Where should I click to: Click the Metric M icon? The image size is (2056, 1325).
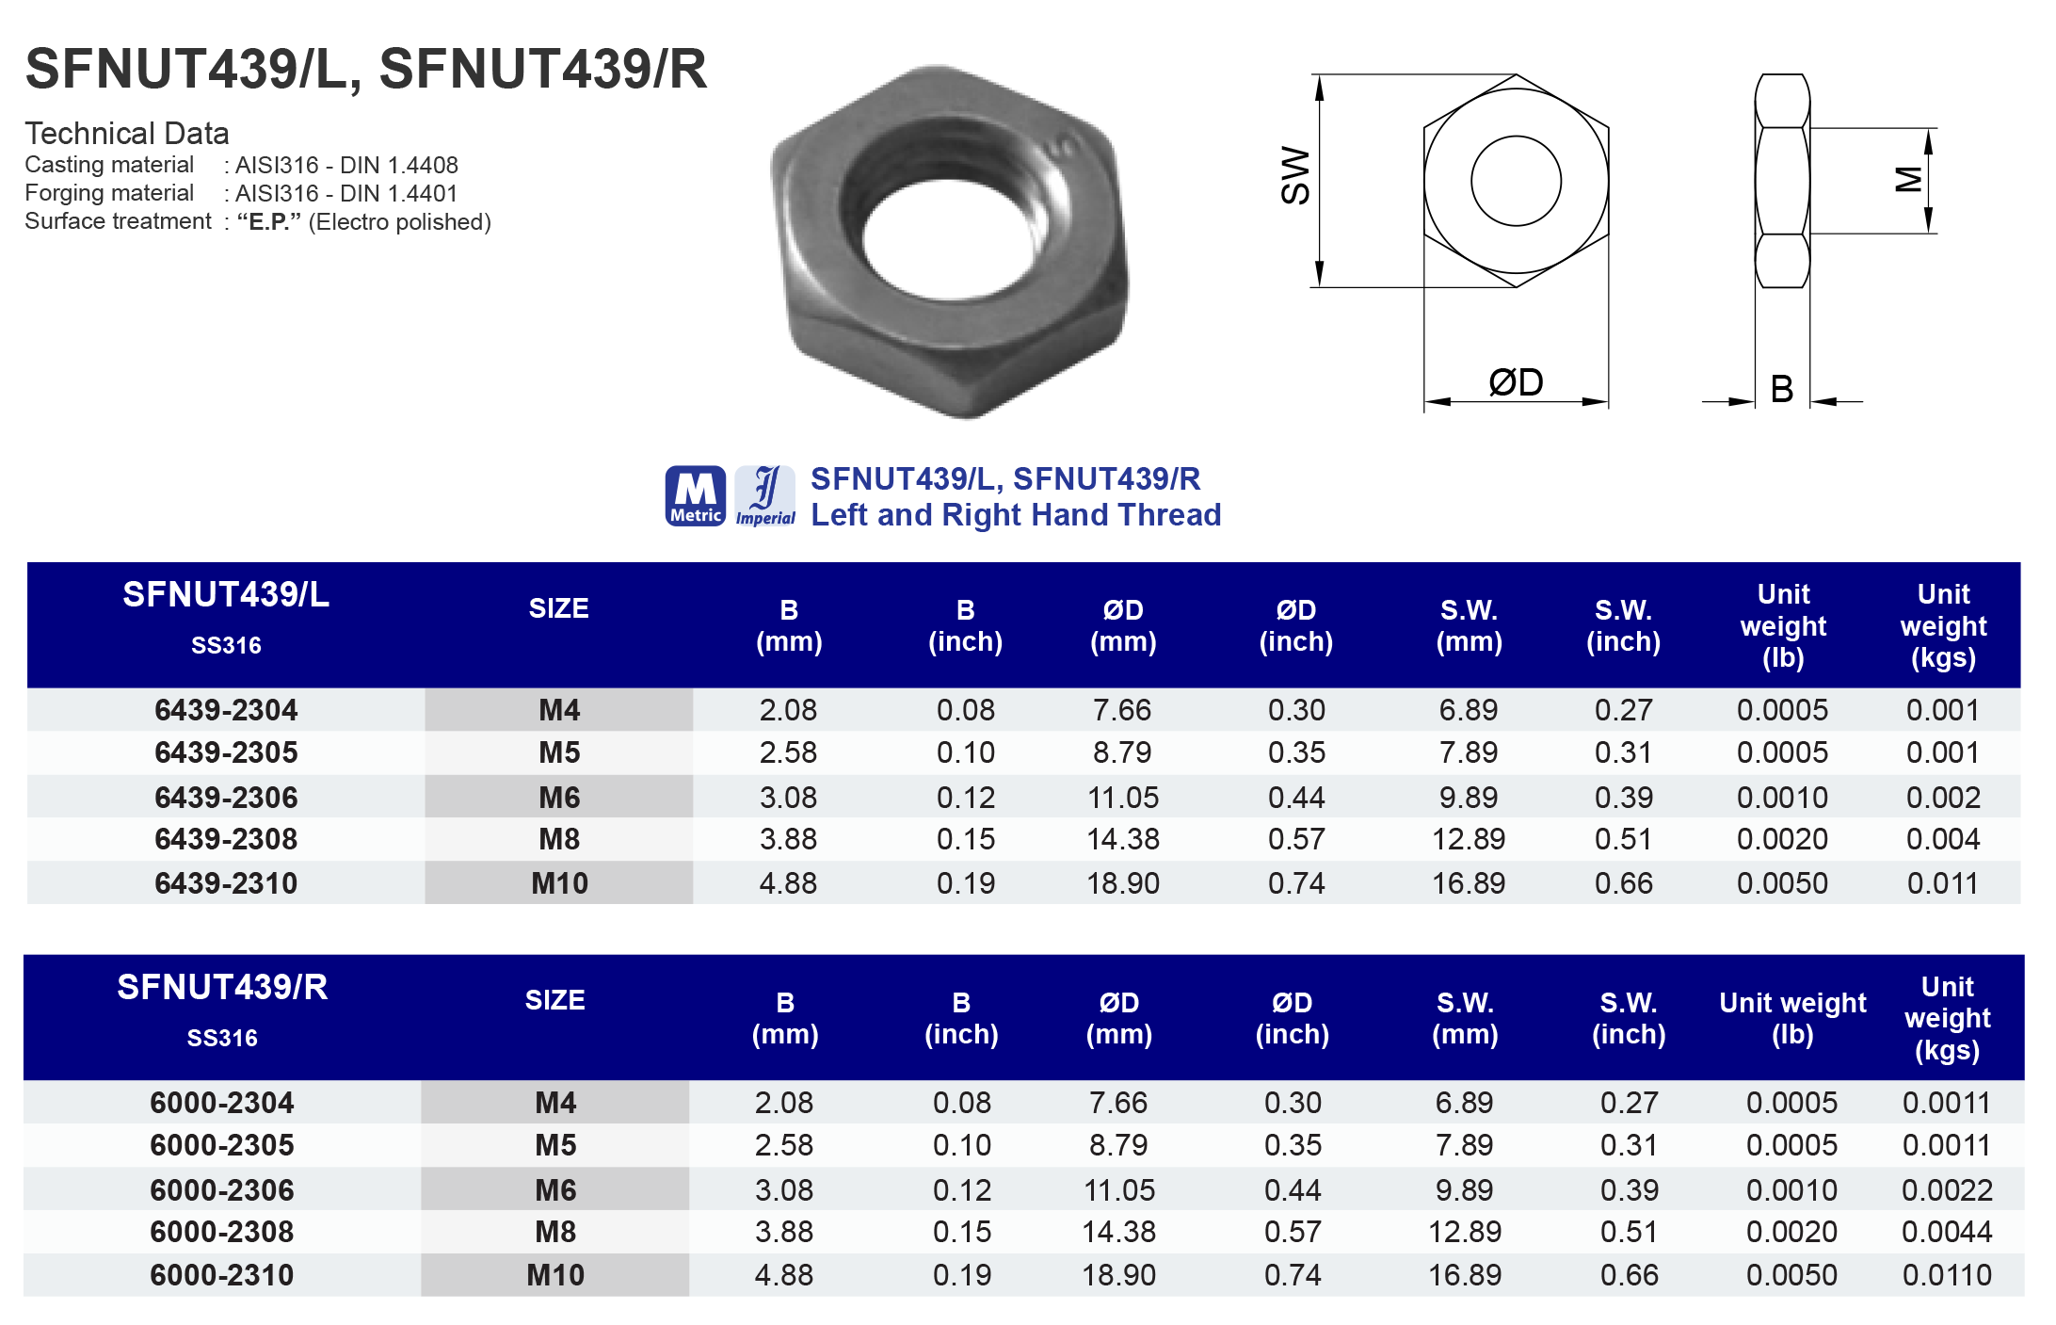point(695,495)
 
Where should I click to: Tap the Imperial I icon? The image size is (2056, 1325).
point(765,495)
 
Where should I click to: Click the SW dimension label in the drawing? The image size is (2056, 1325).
point(1295,175)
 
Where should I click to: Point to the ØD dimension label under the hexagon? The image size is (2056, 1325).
point(1516,382)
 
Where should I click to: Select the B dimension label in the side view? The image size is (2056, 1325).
point(1781,389)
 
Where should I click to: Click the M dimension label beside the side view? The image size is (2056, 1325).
point(1908,179)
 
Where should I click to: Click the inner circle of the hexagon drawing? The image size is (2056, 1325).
point(1516,181)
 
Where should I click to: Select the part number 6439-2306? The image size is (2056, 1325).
point(226,798)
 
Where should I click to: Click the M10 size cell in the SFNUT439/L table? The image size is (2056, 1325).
point(559,883)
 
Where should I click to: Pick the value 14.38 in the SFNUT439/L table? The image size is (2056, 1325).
point(1123,839)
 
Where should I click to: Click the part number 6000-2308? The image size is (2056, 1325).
point(222,1232)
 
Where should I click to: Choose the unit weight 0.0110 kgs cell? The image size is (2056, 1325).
point(1947,1275)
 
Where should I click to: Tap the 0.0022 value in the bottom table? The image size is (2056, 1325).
point(1947,1190)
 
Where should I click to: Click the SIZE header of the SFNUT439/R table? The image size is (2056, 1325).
point(554,1000)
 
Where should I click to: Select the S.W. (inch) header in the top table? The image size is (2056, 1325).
point(1623,625)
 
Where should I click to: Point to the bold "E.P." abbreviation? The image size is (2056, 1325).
point(269,222)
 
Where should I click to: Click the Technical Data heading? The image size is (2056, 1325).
point(127,134)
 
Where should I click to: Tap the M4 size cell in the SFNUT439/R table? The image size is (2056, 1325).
point(555,1103)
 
